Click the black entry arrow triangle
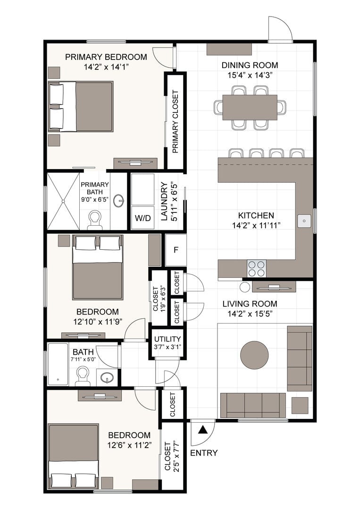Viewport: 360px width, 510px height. pos(203,430)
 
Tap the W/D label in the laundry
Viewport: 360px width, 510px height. pos(143,218)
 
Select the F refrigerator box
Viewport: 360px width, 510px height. pos(176,250)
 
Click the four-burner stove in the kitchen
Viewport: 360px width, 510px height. pos(256,268)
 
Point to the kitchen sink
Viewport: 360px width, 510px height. pos(304,221)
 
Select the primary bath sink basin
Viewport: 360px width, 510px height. pos(119,201)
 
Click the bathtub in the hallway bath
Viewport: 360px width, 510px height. pos(58,364)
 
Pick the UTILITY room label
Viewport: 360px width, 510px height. pos(167,339)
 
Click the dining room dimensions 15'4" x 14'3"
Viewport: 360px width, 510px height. pos(250,75)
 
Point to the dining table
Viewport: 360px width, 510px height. pos(250,107)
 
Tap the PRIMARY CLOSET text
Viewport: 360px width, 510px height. pos(176,122)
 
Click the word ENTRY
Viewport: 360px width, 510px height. pos(204,453)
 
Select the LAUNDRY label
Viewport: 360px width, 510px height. pos(164,201)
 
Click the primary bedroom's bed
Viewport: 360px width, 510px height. pos(81,107)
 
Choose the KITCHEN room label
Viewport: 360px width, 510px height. pos(256,215)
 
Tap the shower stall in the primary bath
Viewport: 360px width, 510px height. pos(63,201)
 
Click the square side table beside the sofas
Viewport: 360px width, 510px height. pos(300,405)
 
